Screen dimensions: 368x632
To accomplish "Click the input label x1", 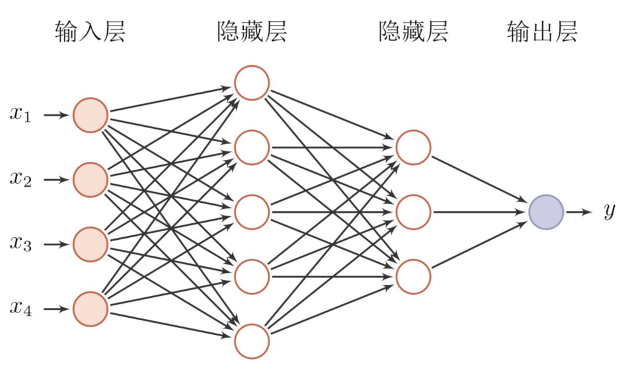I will pos(20,115).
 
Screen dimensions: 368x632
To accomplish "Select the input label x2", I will pos(20,179).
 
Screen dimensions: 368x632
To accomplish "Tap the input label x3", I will pos(20,244).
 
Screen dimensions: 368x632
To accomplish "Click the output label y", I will pos(609,212).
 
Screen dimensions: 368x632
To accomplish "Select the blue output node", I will pos(546,212).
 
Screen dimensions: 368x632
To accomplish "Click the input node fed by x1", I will pos(90,115).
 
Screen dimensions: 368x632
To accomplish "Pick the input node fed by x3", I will pos(90,244).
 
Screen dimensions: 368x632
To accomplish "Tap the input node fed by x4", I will pos(90,309).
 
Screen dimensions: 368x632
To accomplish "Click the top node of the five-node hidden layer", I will pos(252,82).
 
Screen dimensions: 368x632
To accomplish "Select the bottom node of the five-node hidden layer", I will pos(252,341).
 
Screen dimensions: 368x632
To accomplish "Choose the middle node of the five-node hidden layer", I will pos(252,212).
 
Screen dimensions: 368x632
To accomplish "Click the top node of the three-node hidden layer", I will pos(413,147).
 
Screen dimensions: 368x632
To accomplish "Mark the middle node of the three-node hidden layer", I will pos(413,212).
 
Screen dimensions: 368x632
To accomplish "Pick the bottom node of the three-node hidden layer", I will pos(413,277).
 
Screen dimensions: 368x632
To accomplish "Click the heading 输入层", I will pos(90,31).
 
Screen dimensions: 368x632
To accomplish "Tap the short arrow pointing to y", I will pos(578,212).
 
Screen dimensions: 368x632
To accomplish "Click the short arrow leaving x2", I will pos(55,180).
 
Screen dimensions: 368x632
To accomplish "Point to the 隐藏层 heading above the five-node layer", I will pos(252,31).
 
